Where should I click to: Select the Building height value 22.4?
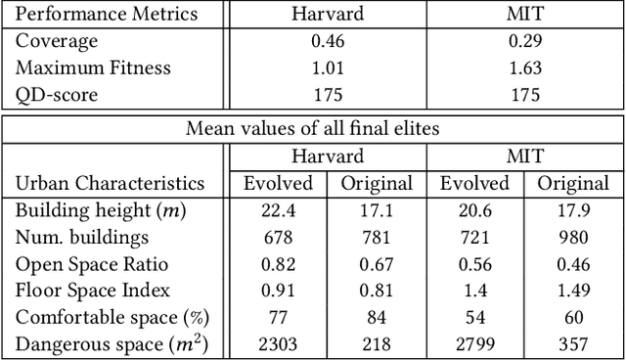click(x=275, y=210)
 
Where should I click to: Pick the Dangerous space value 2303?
click(x=275, y=342)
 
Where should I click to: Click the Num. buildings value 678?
click(x=275, y=237)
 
